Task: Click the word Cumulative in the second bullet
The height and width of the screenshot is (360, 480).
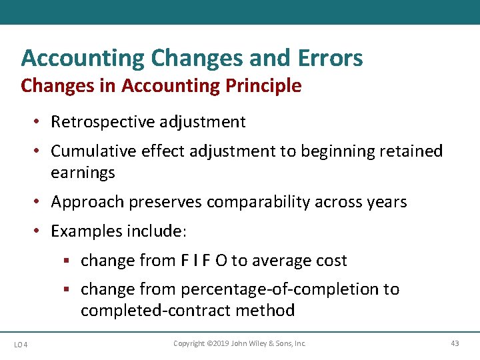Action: pyautogui.click(x=95, y=151)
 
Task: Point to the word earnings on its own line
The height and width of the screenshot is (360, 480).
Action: pyautogui.click(x=83, y=173)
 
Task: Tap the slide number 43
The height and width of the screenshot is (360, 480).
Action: pyautogui.click(x=455, y=343)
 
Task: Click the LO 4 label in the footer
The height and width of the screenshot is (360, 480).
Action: pyautogui.click(x=21, y=344)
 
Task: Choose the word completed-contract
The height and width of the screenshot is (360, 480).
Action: pyautogui.click(x=141, y=311)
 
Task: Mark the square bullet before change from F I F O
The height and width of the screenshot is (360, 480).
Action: pyautogui.click(x=69, y=261)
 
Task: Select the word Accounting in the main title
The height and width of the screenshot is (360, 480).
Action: pyautogui.click(x=83, y=58)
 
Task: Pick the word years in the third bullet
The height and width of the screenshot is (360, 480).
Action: pyautogui.click(x=386, y=202)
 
